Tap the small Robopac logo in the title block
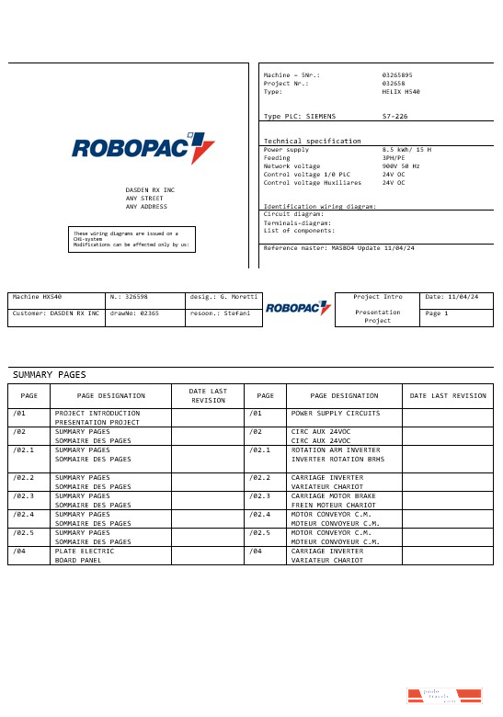pos(298,308)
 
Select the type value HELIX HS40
pos(401,92)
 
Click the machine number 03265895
pos(397,74)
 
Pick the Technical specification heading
pos(312,141)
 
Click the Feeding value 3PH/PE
pos(394,157)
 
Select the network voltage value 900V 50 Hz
pos(400,165)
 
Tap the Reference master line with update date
pos(338,248)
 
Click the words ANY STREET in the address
pos(144,198)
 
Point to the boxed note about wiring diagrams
pos(131,239)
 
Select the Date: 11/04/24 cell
pos(457,297)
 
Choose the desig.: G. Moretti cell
pos(223,297)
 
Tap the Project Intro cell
pos(378,297)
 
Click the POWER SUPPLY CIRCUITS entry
pos(336,414)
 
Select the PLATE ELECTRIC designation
pos(85,551)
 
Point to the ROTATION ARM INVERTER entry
pos(335,450)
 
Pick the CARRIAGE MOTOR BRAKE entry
pos(333,495)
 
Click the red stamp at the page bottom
pos(444,696)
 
